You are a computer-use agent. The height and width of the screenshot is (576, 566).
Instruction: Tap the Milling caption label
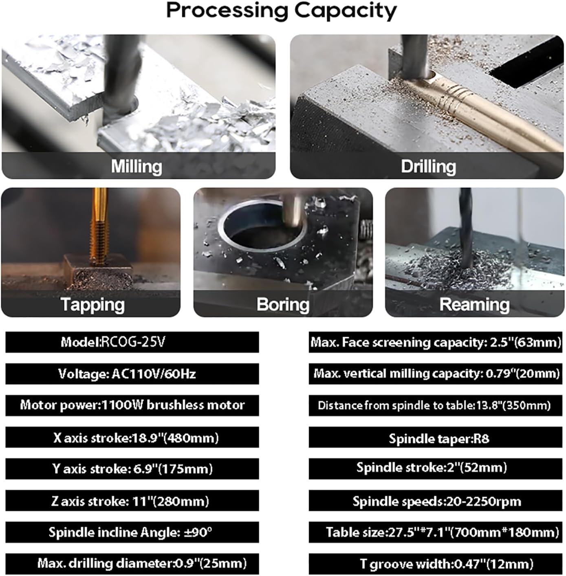137,166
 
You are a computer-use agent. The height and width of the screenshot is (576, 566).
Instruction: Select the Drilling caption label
428,167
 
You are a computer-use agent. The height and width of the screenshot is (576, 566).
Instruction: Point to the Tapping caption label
93,305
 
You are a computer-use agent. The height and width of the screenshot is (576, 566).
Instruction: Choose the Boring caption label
283,305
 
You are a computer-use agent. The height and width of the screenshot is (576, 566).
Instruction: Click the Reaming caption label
474,305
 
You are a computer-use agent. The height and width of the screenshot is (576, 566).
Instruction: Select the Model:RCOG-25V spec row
132,342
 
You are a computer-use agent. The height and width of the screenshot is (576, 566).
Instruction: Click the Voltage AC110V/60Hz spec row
132,374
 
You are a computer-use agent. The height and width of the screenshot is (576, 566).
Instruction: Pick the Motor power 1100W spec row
132,406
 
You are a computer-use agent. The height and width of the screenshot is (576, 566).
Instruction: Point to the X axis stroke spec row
132,437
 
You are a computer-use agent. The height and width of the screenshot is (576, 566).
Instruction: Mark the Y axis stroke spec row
132,469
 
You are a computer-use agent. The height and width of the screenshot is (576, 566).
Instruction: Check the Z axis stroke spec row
132,501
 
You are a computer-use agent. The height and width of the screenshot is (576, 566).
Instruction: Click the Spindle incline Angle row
132,532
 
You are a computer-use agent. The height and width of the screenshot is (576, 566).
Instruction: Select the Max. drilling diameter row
132,564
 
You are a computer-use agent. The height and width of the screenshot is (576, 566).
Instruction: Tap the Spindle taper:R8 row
436,437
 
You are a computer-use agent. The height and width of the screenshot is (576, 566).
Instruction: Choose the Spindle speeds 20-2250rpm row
436,501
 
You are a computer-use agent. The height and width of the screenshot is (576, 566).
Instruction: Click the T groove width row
436,564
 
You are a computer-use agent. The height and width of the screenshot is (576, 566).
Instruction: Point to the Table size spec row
436,532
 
